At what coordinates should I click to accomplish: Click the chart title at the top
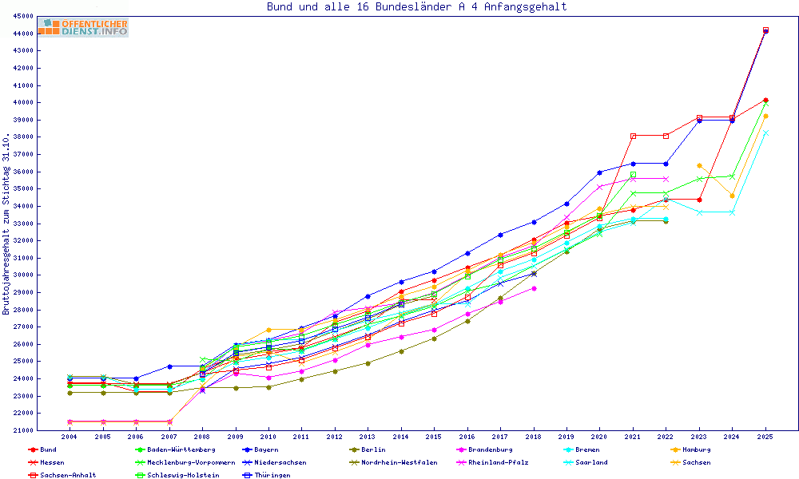416,7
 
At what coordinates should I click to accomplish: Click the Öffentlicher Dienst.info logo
82,28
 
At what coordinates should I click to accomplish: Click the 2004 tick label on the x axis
70,437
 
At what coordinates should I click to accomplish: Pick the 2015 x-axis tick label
433,437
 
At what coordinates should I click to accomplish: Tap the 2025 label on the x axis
765,437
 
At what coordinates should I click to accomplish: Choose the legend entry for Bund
48,449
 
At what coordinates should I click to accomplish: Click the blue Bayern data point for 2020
599,172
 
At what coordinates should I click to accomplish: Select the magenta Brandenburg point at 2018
534,288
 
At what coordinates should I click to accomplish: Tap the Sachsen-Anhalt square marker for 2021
633,136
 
